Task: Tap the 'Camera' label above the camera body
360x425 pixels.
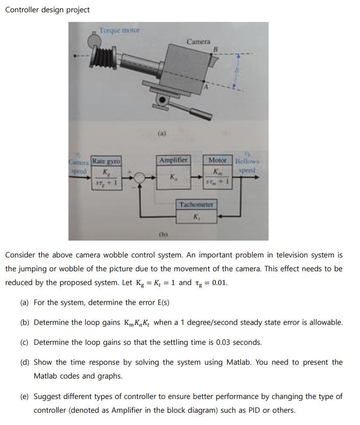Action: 198,41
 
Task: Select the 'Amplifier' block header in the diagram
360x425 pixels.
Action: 174,160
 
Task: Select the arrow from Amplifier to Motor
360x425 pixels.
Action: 197,178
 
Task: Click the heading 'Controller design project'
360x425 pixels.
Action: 47,10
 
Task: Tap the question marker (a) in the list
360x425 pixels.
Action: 24,302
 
